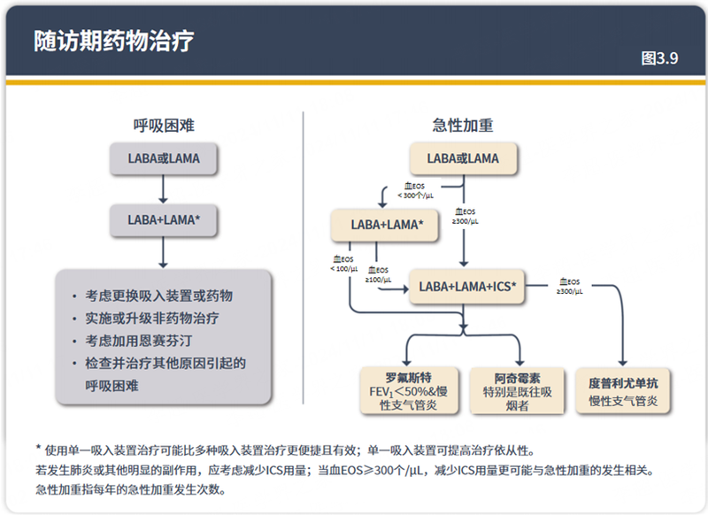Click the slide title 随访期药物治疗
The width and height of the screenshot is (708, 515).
(114, 41)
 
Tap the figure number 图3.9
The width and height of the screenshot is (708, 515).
(659, 58)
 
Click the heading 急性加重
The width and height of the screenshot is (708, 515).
(462, 126)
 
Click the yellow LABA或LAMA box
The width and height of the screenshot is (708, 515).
(462, 159)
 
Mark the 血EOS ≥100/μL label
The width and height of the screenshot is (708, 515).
(379, 274)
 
